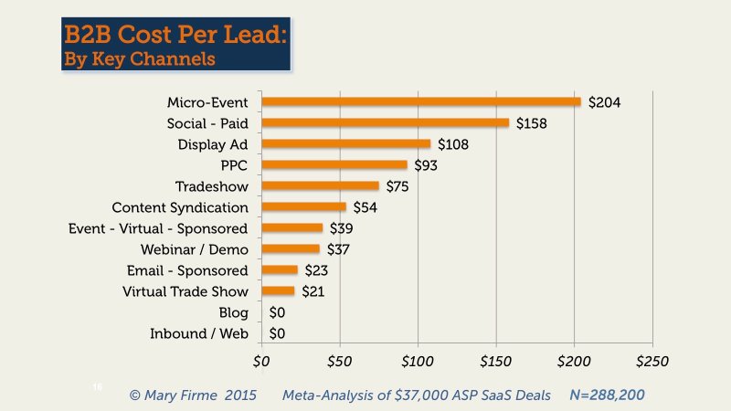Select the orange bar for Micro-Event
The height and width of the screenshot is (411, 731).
pos(420,101)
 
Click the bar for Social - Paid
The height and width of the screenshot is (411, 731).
pos(385,122)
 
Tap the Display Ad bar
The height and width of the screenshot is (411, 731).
pos(345,143)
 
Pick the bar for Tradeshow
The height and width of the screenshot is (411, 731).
pos(320,185)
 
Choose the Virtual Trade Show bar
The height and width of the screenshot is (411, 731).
pos(278,291)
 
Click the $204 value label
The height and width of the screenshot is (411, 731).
pos(604,102)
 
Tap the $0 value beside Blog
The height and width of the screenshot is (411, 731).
pos(277,313)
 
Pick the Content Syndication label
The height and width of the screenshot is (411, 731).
pos(179,207)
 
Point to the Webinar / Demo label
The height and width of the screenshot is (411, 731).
pos(194,249)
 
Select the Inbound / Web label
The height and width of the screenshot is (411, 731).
pos(198,334)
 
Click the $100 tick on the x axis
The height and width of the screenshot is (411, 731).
pos(417,362)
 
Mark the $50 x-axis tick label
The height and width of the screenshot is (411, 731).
pos(339,362)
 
